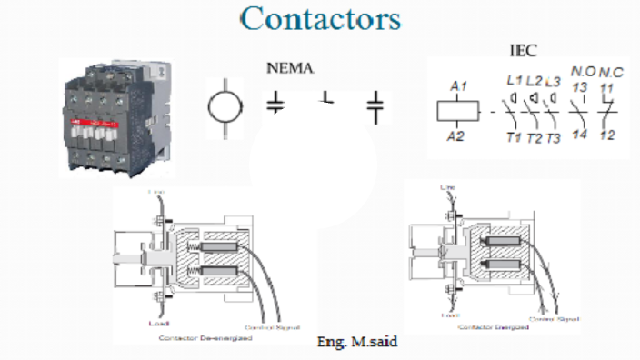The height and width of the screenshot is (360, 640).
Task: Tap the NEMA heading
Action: pos(290,68)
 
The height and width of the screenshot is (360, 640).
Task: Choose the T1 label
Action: pos(514,138)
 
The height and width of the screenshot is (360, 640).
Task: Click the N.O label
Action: pos(580,72)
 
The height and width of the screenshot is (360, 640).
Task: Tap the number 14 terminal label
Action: pos(580,135)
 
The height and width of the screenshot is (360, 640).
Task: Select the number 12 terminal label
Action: pos(606,135)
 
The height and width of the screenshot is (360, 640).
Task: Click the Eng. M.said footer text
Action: pos(357,342)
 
